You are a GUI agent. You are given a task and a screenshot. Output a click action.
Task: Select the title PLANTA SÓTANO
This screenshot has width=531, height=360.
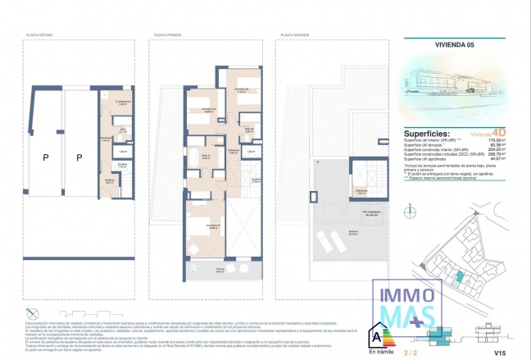41,36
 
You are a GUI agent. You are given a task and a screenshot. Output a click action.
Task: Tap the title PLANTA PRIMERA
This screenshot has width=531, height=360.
168,36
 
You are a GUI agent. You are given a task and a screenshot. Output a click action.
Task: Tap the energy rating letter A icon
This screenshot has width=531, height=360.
378,335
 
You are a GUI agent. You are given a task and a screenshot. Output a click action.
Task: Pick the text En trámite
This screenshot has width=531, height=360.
379,351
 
